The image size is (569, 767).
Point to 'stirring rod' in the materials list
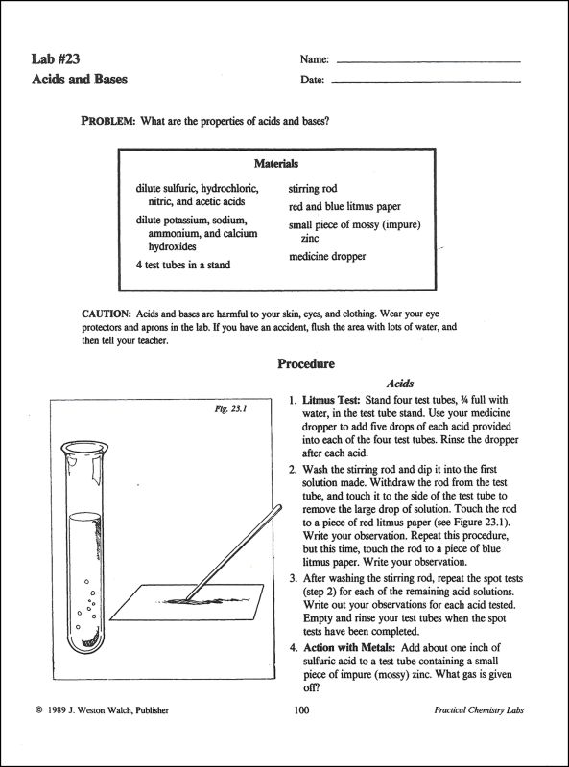(x=313, y=189)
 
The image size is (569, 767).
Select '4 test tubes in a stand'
(x=183, y=264)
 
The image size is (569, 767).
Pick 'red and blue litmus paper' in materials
(x=344, y=206)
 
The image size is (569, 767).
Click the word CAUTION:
(x=106, y=314)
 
